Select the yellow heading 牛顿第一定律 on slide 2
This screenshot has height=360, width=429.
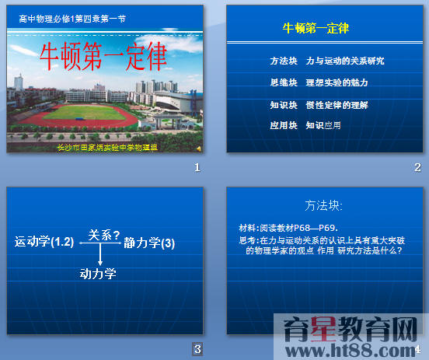coord(316,29)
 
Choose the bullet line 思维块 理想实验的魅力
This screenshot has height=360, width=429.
coord(319,82)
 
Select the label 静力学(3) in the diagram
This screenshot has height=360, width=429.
coord(149,243)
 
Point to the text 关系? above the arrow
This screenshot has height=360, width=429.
coord(103,234)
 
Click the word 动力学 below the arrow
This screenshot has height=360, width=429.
coord(98,273)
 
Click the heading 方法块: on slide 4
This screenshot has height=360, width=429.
coord(324,206)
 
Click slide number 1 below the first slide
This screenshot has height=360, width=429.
coord(197,167)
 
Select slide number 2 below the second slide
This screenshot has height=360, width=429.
coord(417,167)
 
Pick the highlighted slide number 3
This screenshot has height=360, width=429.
coord(198,348)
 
